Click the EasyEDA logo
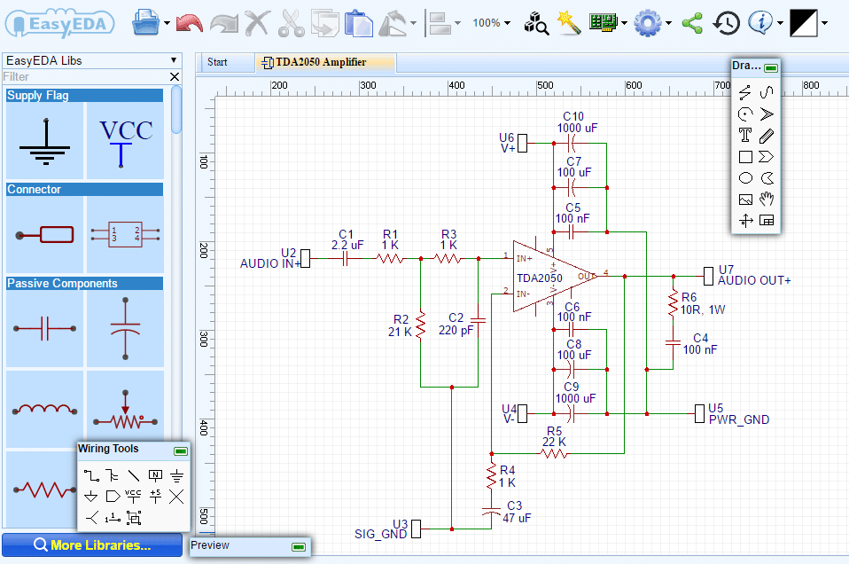[59, 23]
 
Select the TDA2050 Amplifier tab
[321, 62]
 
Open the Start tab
[217, 62]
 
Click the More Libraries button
[92, 544]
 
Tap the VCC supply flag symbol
[125, 141]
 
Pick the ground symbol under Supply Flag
[45, 142]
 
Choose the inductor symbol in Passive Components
[44, 409]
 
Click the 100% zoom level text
[487, 23]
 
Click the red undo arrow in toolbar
[190, 23]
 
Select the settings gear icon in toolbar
[648, 23]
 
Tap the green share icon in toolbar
[692, 23]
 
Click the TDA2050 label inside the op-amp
[540, 278]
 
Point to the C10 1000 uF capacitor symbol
[572, 144]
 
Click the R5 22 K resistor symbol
[555, 453]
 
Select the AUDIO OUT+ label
[754, 280]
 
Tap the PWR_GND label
[739, 419]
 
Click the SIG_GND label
[381, 534]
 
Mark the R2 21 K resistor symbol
[421, 325]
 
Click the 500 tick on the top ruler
[545, 85]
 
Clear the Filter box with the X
[175, 77]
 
